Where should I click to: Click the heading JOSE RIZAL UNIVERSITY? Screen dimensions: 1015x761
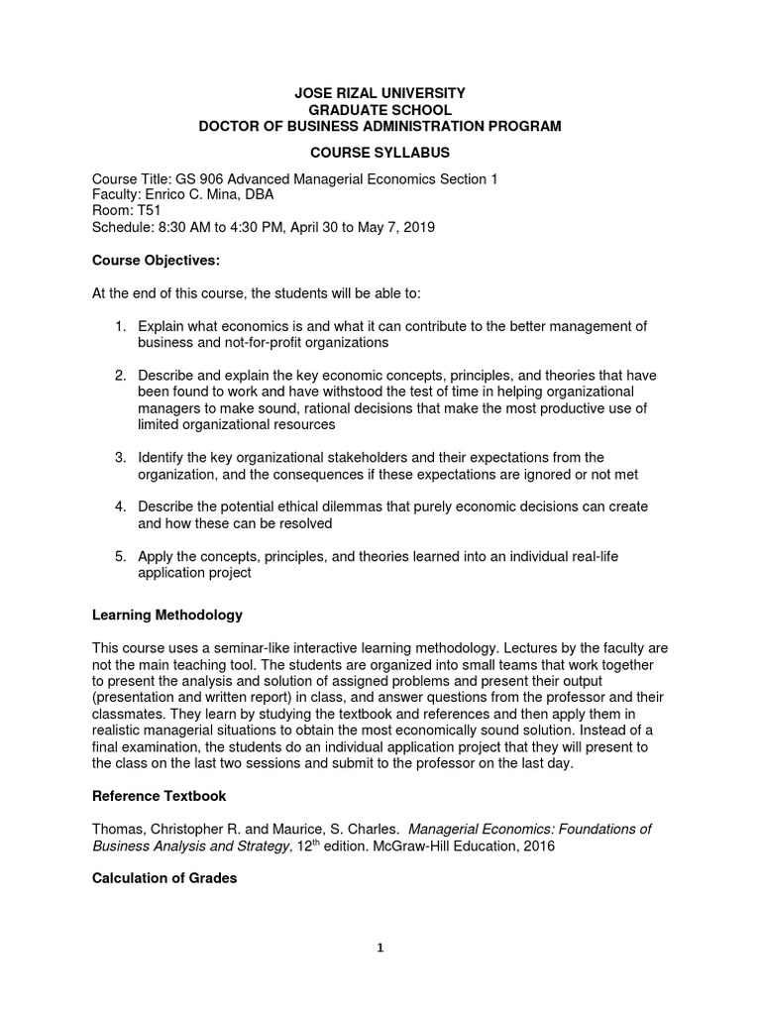pos(380,92)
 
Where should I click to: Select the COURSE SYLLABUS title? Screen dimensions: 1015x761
pos(380,153)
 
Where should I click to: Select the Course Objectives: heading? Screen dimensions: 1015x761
pos(156,260)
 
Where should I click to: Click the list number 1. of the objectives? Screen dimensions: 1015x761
pos(120,326)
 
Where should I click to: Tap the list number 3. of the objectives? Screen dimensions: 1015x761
pos(120,457)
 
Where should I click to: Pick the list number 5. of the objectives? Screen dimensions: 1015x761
pos(120,556)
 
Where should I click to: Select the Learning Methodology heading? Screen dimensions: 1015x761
pos(166,615)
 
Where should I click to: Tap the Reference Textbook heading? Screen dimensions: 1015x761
pos(159,795)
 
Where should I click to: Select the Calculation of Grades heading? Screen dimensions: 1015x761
pos(164,878)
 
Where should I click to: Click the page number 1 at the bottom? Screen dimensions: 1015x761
pos(380,948)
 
